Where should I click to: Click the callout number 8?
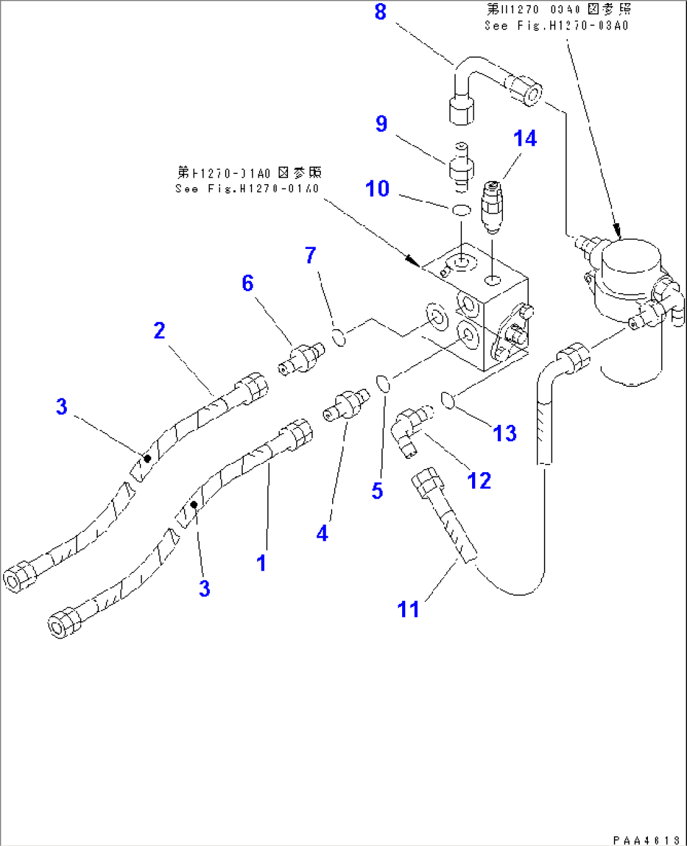(x=380, y=12)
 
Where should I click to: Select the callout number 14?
(x=525, y=139)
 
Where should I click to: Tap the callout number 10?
(x=378, y=188)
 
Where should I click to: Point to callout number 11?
(x=408, y=609)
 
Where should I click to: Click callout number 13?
(x=504, y=433)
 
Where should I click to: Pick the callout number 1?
(x=262, y=562)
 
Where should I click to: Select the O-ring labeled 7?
(x=339, y=338)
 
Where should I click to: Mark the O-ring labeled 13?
(x=448, y=400)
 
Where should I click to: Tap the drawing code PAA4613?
(x=647, y=840)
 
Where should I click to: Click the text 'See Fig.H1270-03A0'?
(x=557, y=26)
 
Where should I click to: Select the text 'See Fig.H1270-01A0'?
(x=248, y=188)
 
